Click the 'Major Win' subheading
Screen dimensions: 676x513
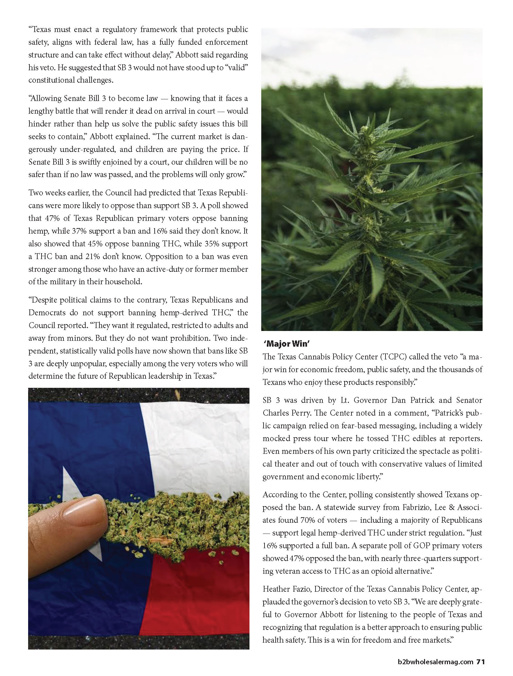click(x=286, y=343)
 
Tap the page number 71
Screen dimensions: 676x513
click(x=480, y=662)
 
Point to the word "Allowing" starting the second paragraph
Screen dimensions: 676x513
click(x=44, y=98)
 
